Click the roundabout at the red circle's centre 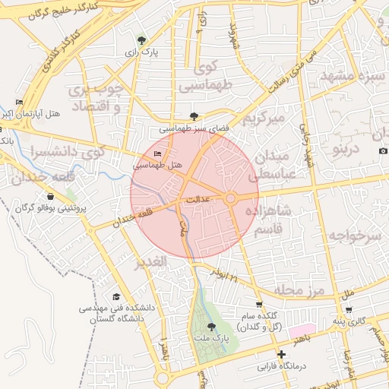pyautogui.click(x=230, y=198)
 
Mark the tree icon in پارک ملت pyautogui.click(x=211, y=327)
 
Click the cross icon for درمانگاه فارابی pyautogui.click(x=281, y=354)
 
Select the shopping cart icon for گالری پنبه pyautogui.click(x=349, y=309)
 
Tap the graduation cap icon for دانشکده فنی pyautogui.click(x=116, y=297)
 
